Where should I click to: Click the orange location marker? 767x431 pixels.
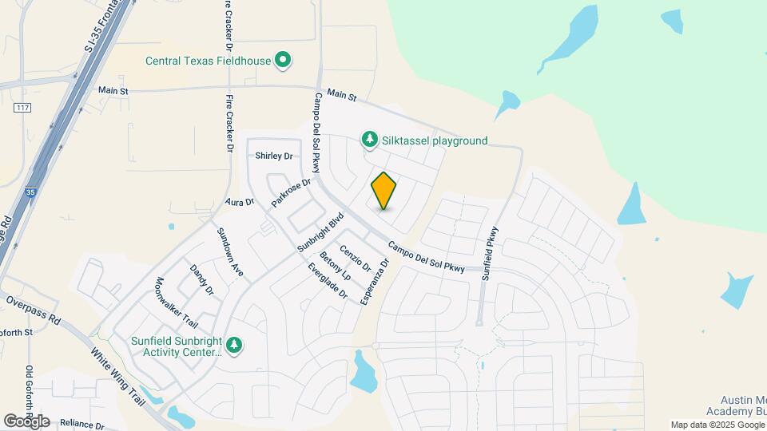tap(383, 191)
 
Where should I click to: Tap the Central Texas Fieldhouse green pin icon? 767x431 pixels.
tap(282, 60)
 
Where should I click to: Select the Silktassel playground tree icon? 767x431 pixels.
tap(369, 140)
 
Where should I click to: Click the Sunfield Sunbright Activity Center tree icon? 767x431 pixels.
tap(234, 345)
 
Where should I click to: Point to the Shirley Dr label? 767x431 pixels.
tap(274, 156)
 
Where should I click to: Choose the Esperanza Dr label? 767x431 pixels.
tap(374, 282)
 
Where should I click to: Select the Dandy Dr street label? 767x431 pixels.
tap(201, 279)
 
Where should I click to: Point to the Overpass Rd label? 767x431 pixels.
tap(33, 310)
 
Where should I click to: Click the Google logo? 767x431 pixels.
tap(26, 421)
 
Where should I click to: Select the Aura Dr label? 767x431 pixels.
tap(239, 203)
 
